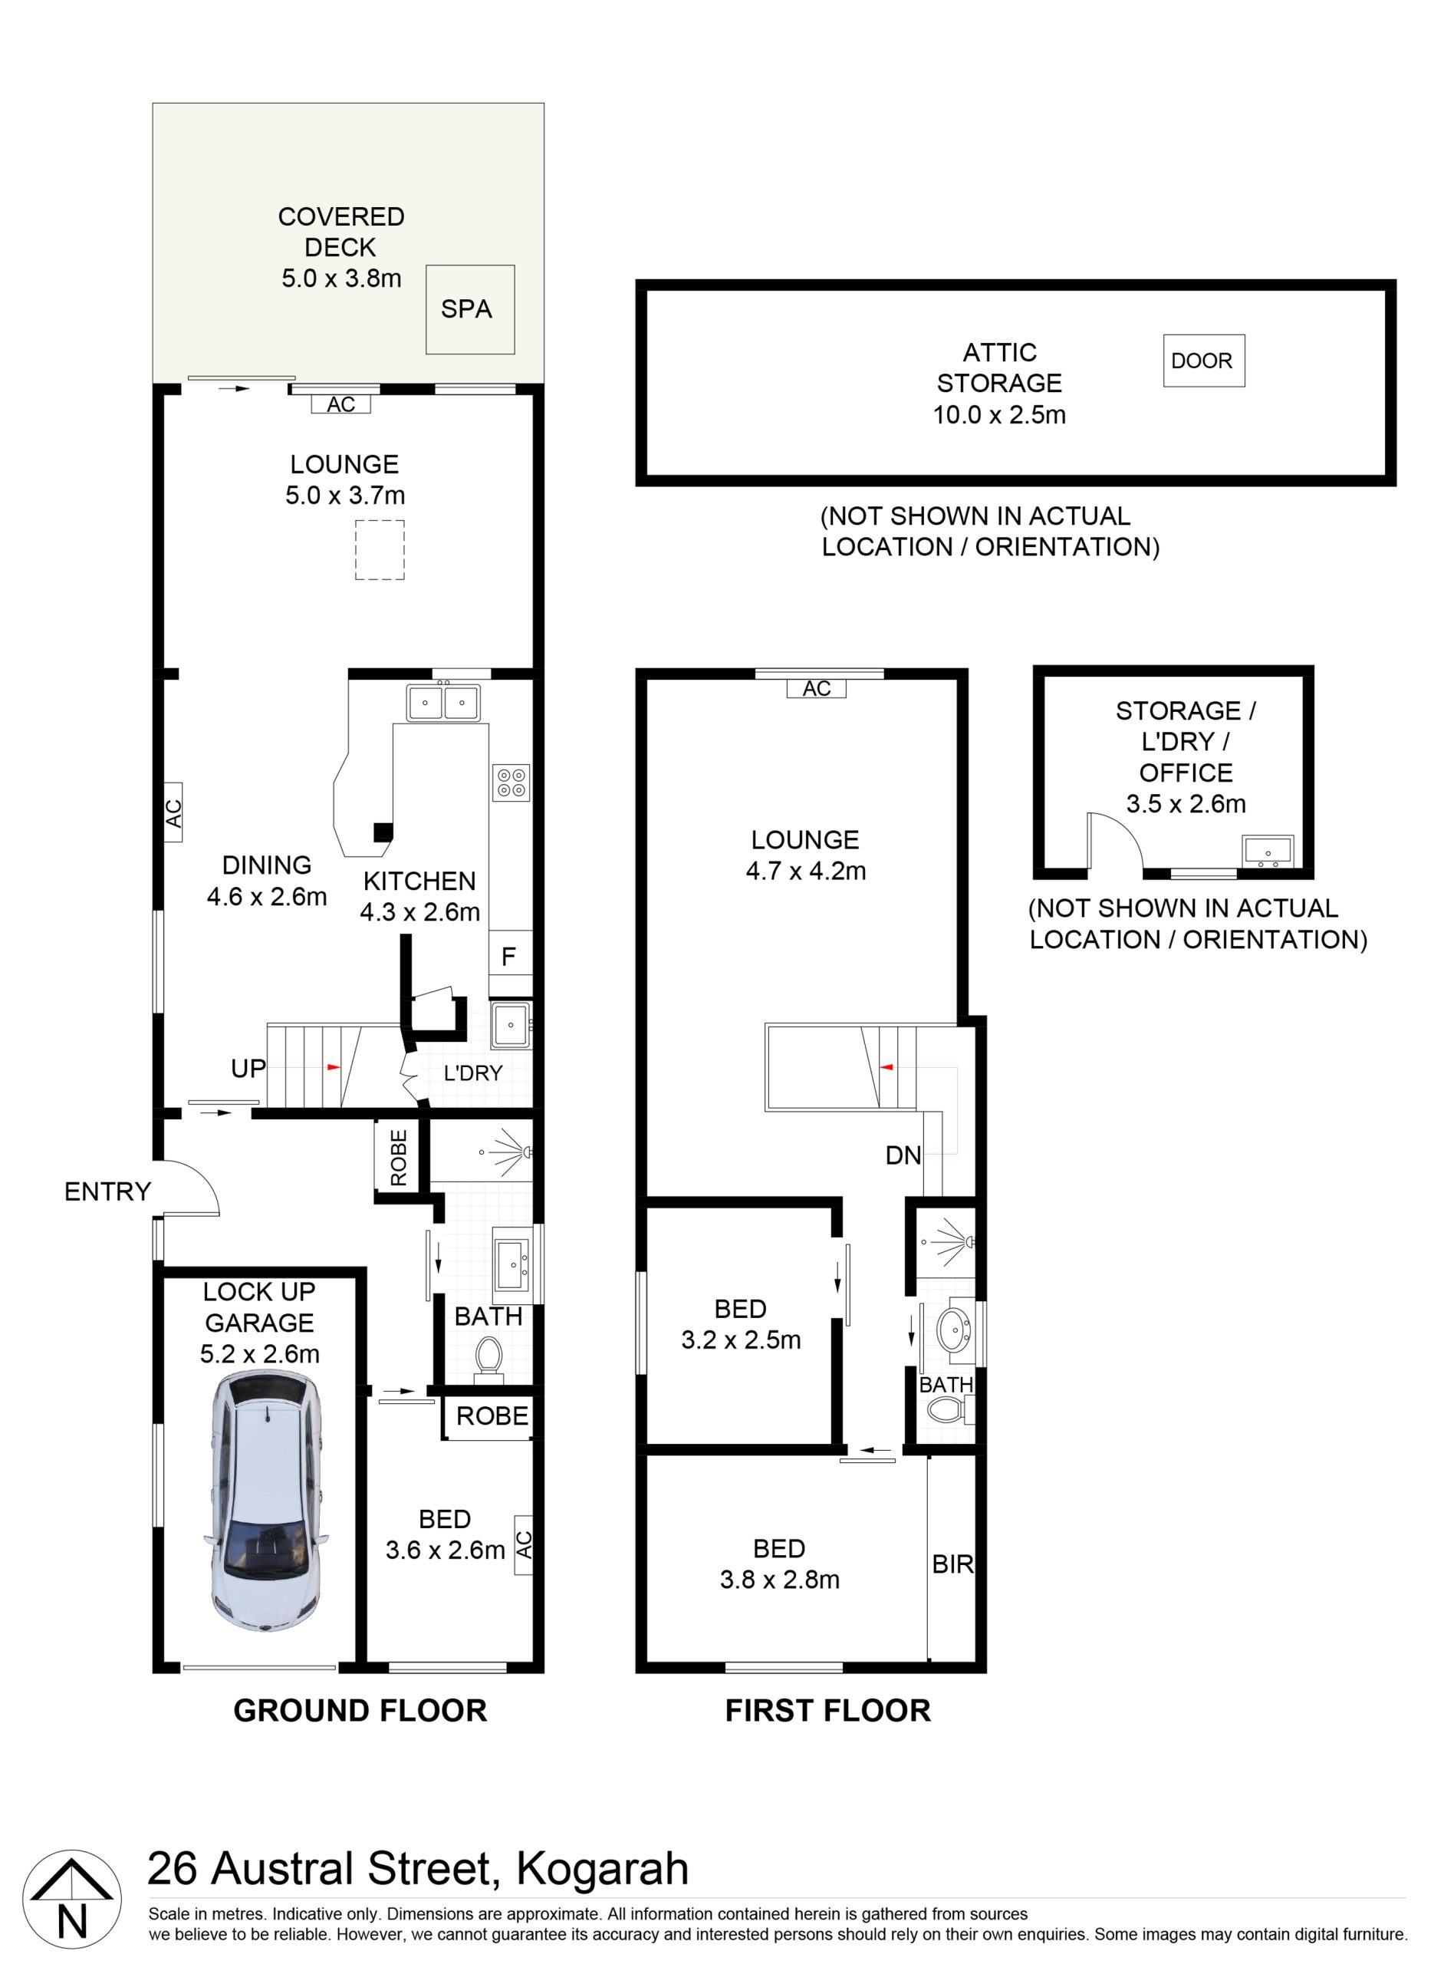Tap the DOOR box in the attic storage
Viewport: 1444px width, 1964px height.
point(1204,361)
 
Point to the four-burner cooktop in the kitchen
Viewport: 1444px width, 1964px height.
point(511,783)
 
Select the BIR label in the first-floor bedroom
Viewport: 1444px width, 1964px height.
point(952,1564)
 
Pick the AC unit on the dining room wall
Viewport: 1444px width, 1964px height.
point(173,812)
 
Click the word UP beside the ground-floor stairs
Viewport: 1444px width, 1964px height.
point(248,1068)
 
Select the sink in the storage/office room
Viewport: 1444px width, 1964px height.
point(1268,852)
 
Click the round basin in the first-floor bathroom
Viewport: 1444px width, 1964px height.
point(955,1330)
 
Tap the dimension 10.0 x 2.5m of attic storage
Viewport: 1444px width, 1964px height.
point(999,414)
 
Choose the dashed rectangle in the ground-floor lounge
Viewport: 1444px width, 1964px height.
point(380,550)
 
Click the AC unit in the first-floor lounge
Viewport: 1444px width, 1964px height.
point(817,688)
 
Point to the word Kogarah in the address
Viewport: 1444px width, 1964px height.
point(602,1869)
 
